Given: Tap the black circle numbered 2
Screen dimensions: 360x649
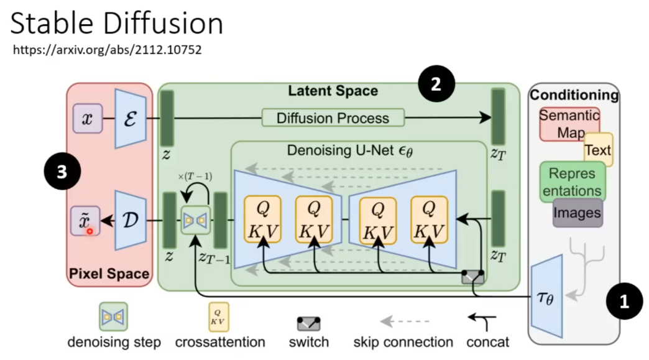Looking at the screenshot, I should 436,85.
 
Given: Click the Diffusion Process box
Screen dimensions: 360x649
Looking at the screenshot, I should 333,118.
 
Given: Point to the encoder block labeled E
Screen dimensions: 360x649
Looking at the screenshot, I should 130,119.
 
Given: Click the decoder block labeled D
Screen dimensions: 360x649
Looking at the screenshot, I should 130,220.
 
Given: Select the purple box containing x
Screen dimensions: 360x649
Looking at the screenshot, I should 87,119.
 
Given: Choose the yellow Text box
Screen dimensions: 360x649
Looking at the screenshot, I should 598,149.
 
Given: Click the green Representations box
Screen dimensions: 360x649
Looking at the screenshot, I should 572,182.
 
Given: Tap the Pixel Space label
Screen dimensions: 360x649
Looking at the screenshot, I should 109,274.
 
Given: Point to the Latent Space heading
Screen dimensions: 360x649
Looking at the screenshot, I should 333,91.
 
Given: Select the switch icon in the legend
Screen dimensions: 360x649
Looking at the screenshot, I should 308,322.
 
